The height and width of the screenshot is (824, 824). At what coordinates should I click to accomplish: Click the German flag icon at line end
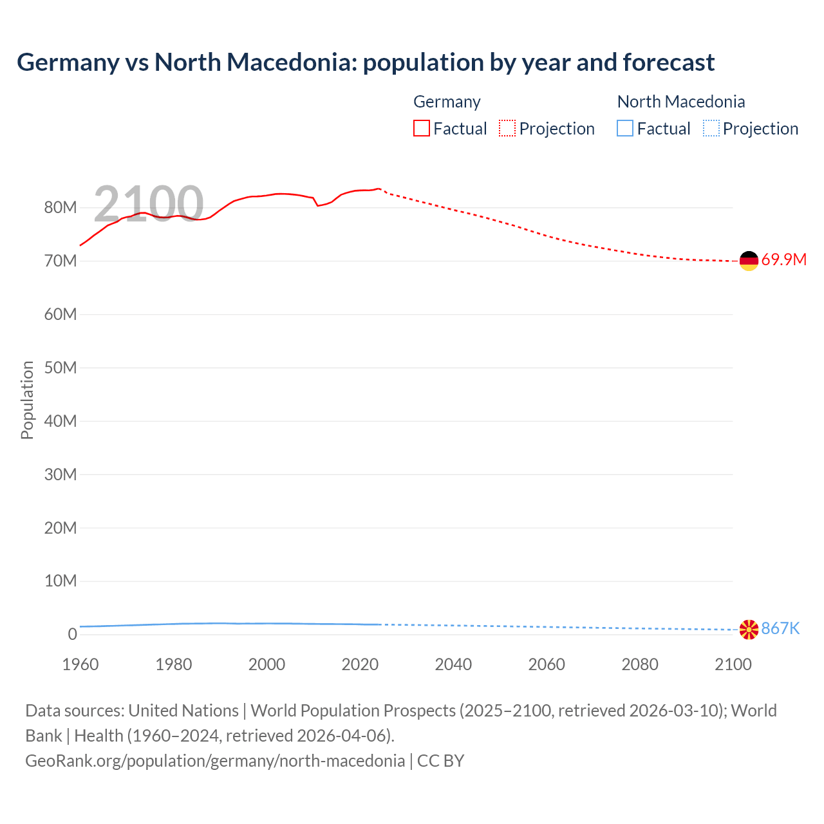pos(749,261)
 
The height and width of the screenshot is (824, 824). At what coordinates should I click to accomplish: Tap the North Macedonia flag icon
pos(749,630)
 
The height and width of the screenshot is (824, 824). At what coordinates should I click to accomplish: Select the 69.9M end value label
pos(783,260)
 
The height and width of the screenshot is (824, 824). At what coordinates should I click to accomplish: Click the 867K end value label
pos(780,629)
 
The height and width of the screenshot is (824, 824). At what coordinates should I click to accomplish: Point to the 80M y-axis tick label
pos(61,208)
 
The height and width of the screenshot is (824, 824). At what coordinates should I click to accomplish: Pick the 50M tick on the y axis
pos(61,368)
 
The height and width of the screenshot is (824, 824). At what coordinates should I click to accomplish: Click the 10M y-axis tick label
pos(61,581)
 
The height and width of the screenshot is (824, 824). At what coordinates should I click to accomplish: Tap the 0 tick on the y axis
pos(72,635)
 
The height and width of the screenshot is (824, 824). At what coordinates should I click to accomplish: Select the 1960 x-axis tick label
pos(80,664)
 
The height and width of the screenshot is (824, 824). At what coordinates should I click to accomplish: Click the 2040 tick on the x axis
pos(453,664)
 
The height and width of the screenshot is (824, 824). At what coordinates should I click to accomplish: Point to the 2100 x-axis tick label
pos(733,664)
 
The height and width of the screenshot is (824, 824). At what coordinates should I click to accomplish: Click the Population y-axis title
pos(27,400)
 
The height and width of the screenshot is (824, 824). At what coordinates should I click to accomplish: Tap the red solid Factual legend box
pos(421,128)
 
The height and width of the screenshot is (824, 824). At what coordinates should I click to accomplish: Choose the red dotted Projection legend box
pos(507,128)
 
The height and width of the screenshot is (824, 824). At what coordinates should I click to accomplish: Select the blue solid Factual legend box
pos(624,128)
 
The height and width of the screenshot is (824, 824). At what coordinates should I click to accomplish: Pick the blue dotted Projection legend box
pos(711,128)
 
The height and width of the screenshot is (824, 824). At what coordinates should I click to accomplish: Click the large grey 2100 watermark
pos(149,204)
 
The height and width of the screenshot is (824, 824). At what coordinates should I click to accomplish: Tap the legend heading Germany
pos(447,102)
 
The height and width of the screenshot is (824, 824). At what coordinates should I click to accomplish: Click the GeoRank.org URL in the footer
pos(215,761)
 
